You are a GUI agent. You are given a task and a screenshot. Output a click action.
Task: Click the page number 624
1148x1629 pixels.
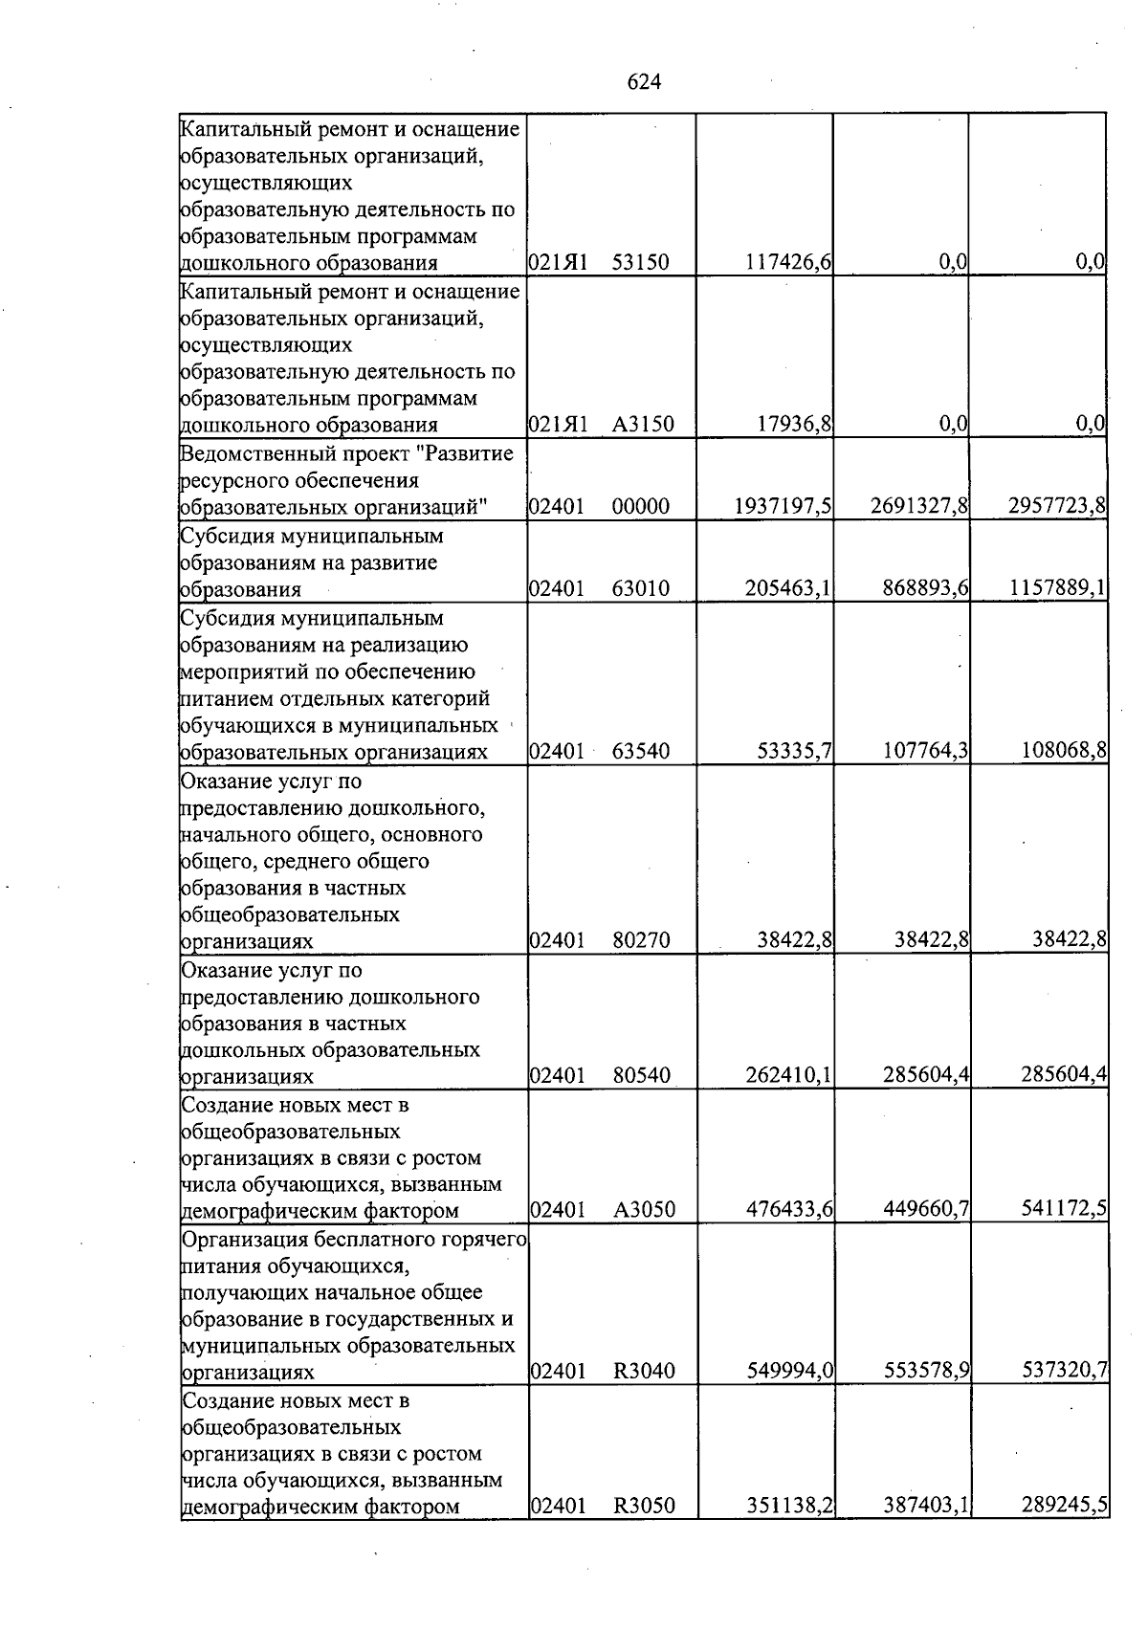coord(644,83)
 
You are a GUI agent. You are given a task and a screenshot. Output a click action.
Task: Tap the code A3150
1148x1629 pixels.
coord(643,425)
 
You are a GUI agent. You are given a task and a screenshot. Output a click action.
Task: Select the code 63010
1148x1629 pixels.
coord(640,589)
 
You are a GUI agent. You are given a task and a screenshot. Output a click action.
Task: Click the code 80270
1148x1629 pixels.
coord(640,941)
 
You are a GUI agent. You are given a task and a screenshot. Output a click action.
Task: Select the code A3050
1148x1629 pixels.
coord(644,1211)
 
